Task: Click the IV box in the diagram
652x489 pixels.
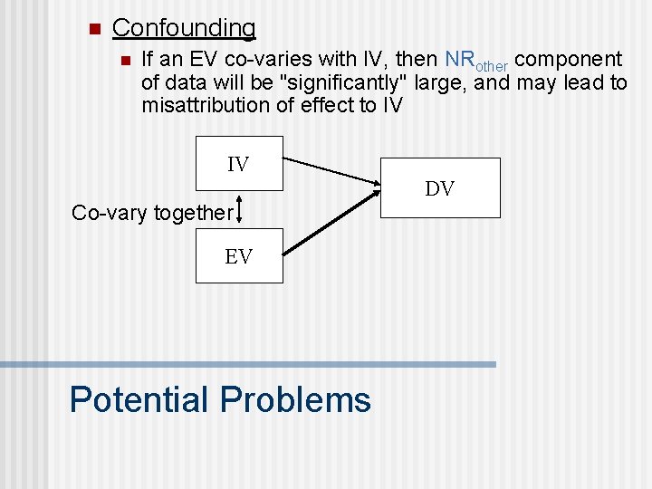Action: click(239, 163)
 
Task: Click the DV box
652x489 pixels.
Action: click(439, 187)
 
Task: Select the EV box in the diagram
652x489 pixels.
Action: click(239, 255)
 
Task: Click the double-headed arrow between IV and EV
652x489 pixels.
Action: click(239, 208)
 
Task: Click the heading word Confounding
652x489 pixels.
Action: click(184, 28)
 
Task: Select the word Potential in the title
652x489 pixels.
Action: click(139, 399)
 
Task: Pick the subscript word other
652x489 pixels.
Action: click(490, 65)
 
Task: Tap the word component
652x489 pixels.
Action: click(568, 60)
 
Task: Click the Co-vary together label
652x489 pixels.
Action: click(151, 213)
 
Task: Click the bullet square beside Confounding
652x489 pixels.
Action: click(92, 28)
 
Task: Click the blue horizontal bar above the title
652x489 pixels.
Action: click(248, 364)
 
